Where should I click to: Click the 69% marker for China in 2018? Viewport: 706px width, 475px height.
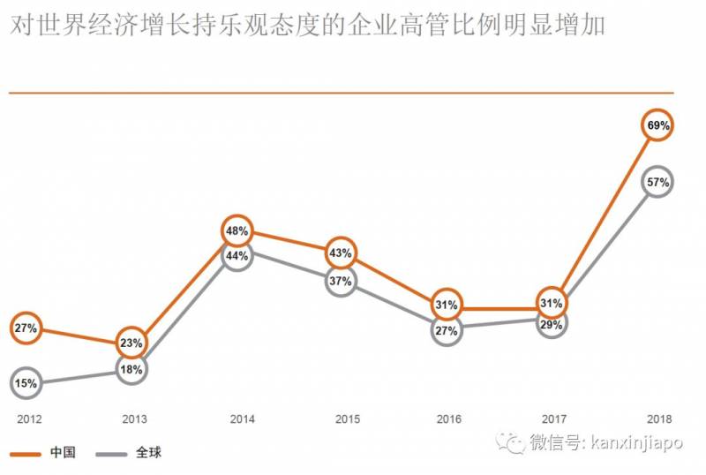658,126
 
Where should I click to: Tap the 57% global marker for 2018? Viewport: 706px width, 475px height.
658,183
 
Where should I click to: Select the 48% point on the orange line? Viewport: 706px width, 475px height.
237,231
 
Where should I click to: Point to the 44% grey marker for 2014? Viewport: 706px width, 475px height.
237,255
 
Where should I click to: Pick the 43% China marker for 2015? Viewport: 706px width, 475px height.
342,253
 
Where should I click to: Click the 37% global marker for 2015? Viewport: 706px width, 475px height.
342,282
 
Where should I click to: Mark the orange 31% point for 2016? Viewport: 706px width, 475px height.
446,305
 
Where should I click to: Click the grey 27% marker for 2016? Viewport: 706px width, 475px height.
446,331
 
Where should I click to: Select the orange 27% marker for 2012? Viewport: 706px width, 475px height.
25,328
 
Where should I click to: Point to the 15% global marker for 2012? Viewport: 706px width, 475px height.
25,383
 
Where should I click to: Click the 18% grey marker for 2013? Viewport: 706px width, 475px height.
131,370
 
